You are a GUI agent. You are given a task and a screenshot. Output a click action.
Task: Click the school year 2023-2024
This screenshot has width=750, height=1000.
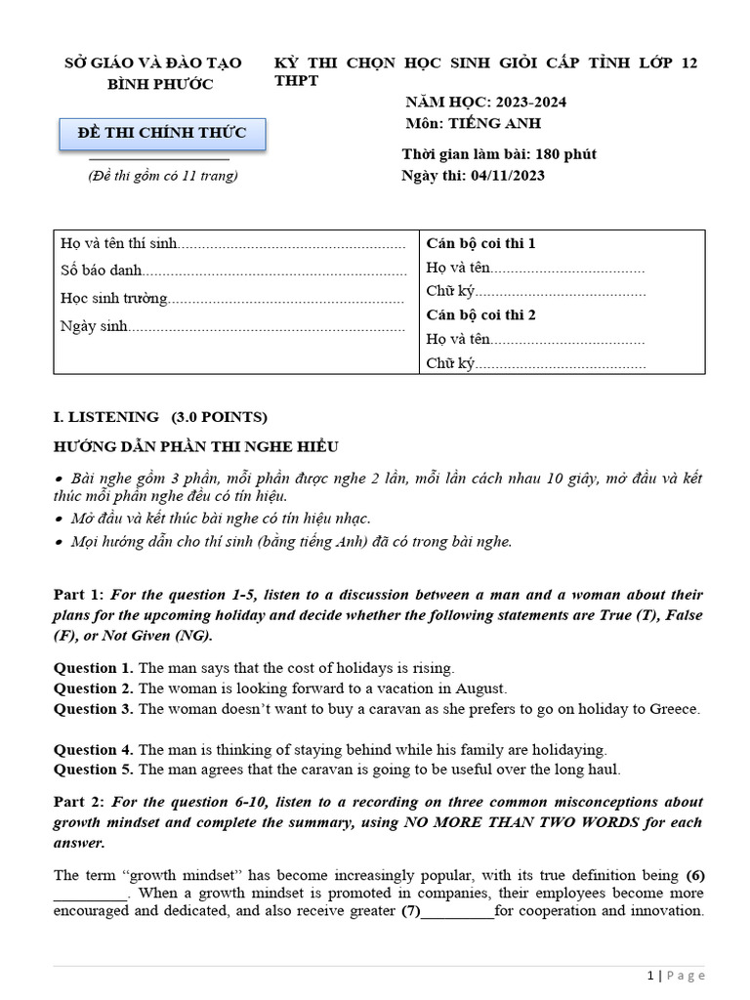(x=531, y=103)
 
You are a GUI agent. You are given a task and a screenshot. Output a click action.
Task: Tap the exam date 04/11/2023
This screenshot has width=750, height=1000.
(x=508, y=176)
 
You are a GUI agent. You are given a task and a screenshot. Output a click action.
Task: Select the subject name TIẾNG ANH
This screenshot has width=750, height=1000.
(x=494, y=123)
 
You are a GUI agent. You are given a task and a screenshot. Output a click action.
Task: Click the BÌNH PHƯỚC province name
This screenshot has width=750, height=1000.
(x=159, y=84)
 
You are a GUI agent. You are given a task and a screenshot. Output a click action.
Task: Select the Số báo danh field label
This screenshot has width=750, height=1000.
(x=102, y=271)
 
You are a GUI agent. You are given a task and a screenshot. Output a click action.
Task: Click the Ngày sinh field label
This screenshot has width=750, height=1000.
(x=94, y=327)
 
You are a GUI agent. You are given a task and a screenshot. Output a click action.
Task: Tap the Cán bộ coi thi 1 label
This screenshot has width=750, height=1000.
(x=480, y=243)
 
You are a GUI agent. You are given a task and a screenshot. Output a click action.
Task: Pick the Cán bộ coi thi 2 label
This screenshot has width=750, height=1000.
(x=480, y=314)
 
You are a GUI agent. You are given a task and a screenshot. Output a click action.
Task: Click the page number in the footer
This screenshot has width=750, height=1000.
(x=650, y=976)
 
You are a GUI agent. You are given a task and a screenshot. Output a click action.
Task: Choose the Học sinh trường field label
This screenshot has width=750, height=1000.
(x=113, y=299)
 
